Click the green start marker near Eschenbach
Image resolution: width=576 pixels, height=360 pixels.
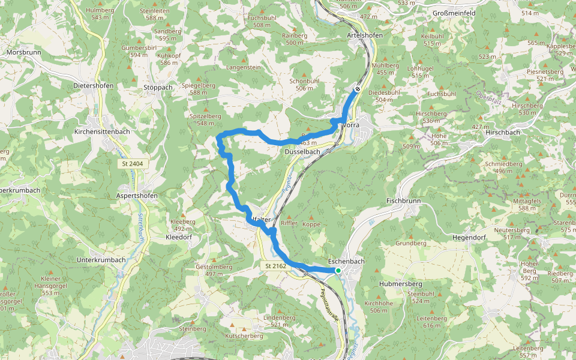tap(338, 271)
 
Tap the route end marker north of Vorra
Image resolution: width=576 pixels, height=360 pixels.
tap(358, 89)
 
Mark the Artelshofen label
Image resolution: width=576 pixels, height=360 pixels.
tap(365, 35)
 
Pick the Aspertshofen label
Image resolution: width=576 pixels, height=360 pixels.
tap(137, 196)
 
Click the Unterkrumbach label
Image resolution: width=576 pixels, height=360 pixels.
tap(101, 260)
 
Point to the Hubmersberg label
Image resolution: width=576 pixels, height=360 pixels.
tap(401, 283)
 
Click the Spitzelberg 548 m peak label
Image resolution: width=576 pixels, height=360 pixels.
tap(202, 119)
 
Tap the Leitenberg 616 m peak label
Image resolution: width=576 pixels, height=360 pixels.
tap(432, 322)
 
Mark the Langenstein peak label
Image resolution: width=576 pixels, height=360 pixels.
tap(244, 68)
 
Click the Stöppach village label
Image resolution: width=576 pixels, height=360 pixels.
tap(158, 87)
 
